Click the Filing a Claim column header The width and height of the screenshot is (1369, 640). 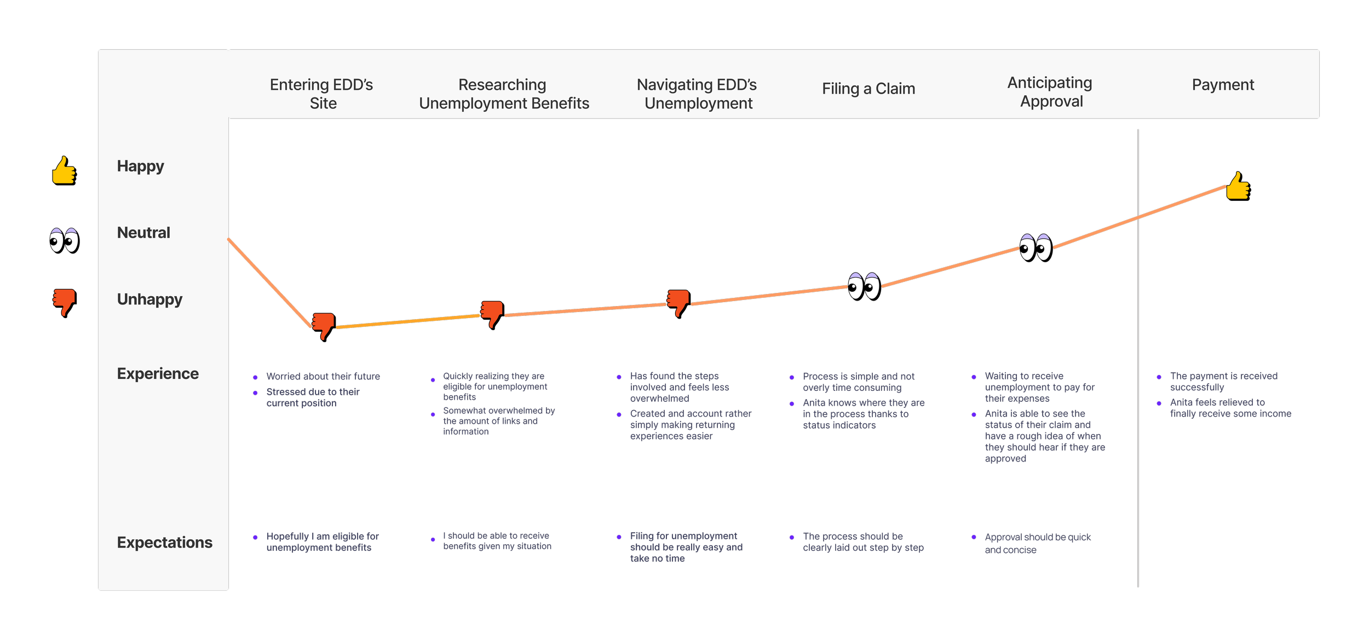(x=868, y=89)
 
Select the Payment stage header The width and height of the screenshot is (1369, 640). (x=1223, y=85)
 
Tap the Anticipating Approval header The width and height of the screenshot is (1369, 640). (x=1050, y=92)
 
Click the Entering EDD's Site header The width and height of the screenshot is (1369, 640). (x=322, y=94)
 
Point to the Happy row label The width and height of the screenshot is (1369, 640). (x=141, y=166)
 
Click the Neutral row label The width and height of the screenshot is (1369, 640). (x=143, y=233)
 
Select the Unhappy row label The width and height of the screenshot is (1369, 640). (x=149, y=299)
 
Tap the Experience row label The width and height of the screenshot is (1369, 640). (x=158, y=374)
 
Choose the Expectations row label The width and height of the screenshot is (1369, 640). (x=164, y=543)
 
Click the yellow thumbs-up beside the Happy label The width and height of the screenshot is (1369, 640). (x=64, y=170)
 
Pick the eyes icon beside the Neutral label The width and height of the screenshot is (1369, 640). (x=64, y=240)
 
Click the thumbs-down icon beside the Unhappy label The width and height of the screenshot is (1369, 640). (x=64, y=302)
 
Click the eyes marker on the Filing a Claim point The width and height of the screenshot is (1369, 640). (x=864, y=286)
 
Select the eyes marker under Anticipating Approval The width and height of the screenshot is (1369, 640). (x=1035, y=247)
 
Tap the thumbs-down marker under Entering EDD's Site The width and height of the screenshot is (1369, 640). (x=323, y=326)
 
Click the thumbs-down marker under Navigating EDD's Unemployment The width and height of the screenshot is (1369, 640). (x=678, y=302)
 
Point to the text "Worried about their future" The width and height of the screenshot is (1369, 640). (x=323, y=377)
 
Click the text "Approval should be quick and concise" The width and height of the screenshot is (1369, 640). (x=1037, y=544)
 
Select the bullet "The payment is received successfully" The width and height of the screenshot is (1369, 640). (x=1223, y=382)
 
